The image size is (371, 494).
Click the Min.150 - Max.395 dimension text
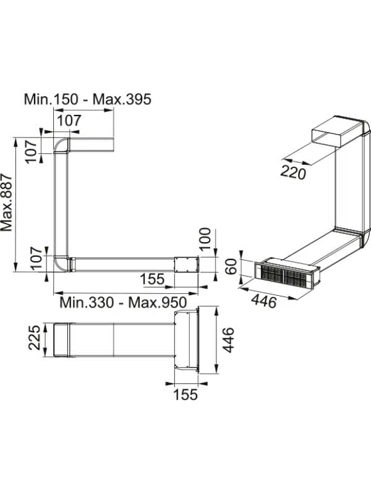88,99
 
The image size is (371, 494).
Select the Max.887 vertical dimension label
6,203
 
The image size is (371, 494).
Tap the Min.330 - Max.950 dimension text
123,303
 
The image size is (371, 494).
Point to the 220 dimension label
293,172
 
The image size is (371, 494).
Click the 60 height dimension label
232,266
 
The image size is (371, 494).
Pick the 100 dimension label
205,238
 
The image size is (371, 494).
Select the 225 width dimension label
35,337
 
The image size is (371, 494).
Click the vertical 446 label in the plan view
228,340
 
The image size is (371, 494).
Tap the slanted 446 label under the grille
264,301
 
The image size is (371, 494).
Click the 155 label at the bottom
185,395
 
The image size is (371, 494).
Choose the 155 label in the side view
152,279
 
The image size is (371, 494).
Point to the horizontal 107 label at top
69,120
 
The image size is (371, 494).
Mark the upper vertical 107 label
32,151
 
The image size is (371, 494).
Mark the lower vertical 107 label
36,258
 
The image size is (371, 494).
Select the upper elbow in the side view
61,145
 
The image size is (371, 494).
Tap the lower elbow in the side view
61,264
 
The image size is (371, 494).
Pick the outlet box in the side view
186,265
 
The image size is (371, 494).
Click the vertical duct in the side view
61,204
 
